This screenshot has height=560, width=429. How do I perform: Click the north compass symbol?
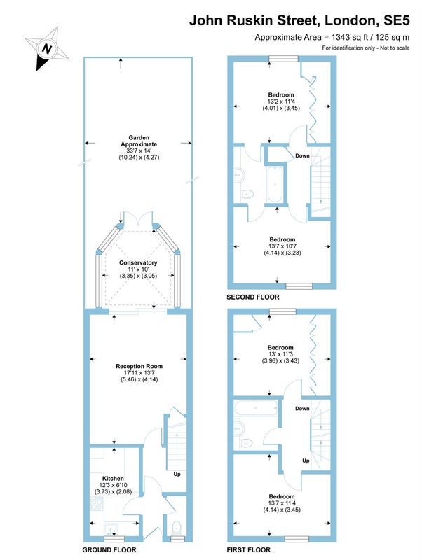click(47, 49)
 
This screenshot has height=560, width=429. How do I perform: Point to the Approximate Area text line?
click(332, 37)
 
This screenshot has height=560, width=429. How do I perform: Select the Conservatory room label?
click(137, 262)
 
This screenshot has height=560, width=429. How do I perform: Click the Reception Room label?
click(139, 366)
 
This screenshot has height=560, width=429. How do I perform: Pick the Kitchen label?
click(113, 479)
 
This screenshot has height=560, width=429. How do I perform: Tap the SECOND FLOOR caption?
click(252, 297)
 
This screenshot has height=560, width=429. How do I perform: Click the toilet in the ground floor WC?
click(177, 526)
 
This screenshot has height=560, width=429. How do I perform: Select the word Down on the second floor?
click(302, 155)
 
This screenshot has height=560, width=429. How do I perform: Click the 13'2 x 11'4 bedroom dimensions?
click(280, 101)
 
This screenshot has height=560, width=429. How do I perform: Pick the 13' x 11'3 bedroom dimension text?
click(280, 353)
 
